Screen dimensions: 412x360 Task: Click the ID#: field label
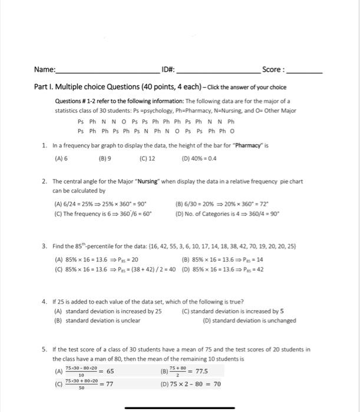coord(168,69)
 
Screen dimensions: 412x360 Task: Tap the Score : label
coord(273,69)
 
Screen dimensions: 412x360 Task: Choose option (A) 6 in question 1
coord(61,158)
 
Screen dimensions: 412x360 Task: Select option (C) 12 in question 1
coord(147,158)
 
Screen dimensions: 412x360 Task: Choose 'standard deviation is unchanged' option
coord(249,321)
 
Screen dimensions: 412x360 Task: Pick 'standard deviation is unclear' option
coord(98,321)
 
